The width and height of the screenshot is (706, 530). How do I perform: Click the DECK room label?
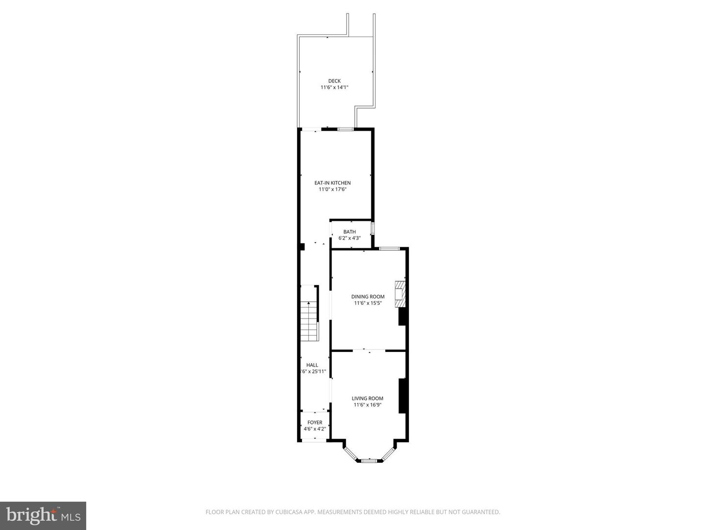[334, 81]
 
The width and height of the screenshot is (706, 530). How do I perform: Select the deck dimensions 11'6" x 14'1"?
[334, 87]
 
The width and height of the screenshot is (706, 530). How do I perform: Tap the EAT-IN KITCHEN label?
[332, 183]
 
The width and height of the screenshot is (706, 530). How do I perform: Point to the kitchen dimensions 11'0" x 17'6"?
[332, 189]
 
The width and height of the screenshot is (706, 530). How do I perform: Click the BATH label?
[350, 232]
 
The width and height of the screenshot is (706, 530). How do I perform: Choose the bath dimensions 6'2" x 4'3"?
[350, 238]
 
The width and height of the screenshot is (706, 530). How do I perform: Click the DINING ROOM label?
[368, 296]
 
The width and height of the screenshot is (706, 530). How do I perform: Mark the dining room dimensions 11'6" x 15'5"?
[368, 303]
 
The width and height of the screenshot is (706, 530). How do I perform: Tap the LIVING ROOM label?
[367, 398]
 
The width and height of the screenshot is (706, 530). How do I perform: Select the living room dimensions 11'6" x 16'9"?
[367, 405]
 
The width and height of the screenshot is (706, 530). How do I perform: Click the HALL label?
[312, 365]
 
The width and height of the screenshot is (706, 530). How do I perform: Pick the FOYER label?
[315, 423]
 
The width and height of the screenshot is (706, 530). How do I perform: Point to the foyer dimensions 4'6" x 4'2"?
[315, 429]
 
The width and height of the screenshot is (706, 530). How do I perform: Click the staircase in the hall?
[309, 321]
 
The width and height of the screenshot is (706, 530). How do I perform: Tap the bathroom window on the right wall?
[373, 229]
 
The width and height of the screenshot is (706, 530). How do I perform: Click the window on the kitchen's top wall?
[345, 129]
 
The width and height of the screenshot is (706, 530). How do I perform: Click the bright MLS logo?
[43, 515]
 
